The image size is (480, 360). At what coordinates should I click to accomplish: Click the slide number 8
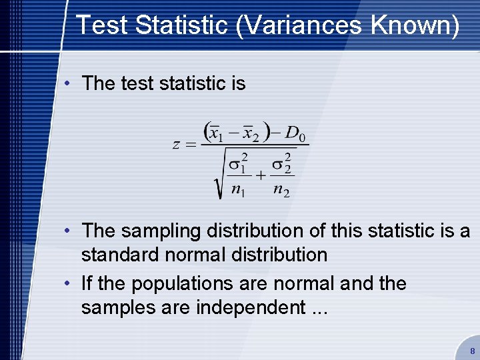click(472, 351)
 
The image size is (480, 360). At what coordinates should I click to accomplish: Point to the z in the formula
click(176, 145)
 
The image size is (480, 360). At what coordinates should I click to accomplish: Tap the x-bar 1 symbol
click(215, 133)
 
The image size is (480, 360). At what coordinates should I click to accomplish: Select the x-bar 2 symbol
click(251, 133)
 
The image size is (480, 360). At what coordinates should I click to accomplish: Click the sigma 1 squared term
click(238, 163)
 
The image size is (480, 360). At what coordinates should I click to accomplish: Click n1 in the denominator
click(237, 190)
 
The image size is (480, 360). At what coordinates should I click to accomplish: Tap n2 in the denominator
click(281, 190)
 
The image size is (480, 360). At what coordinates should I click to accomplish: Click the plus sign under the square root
click(260, 175)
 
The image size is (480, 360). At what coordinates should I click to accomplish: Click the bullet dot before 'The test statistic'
click(69, 83)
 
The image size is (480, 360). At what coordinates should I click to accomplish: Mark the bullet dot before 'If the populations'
click(69, 283)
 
